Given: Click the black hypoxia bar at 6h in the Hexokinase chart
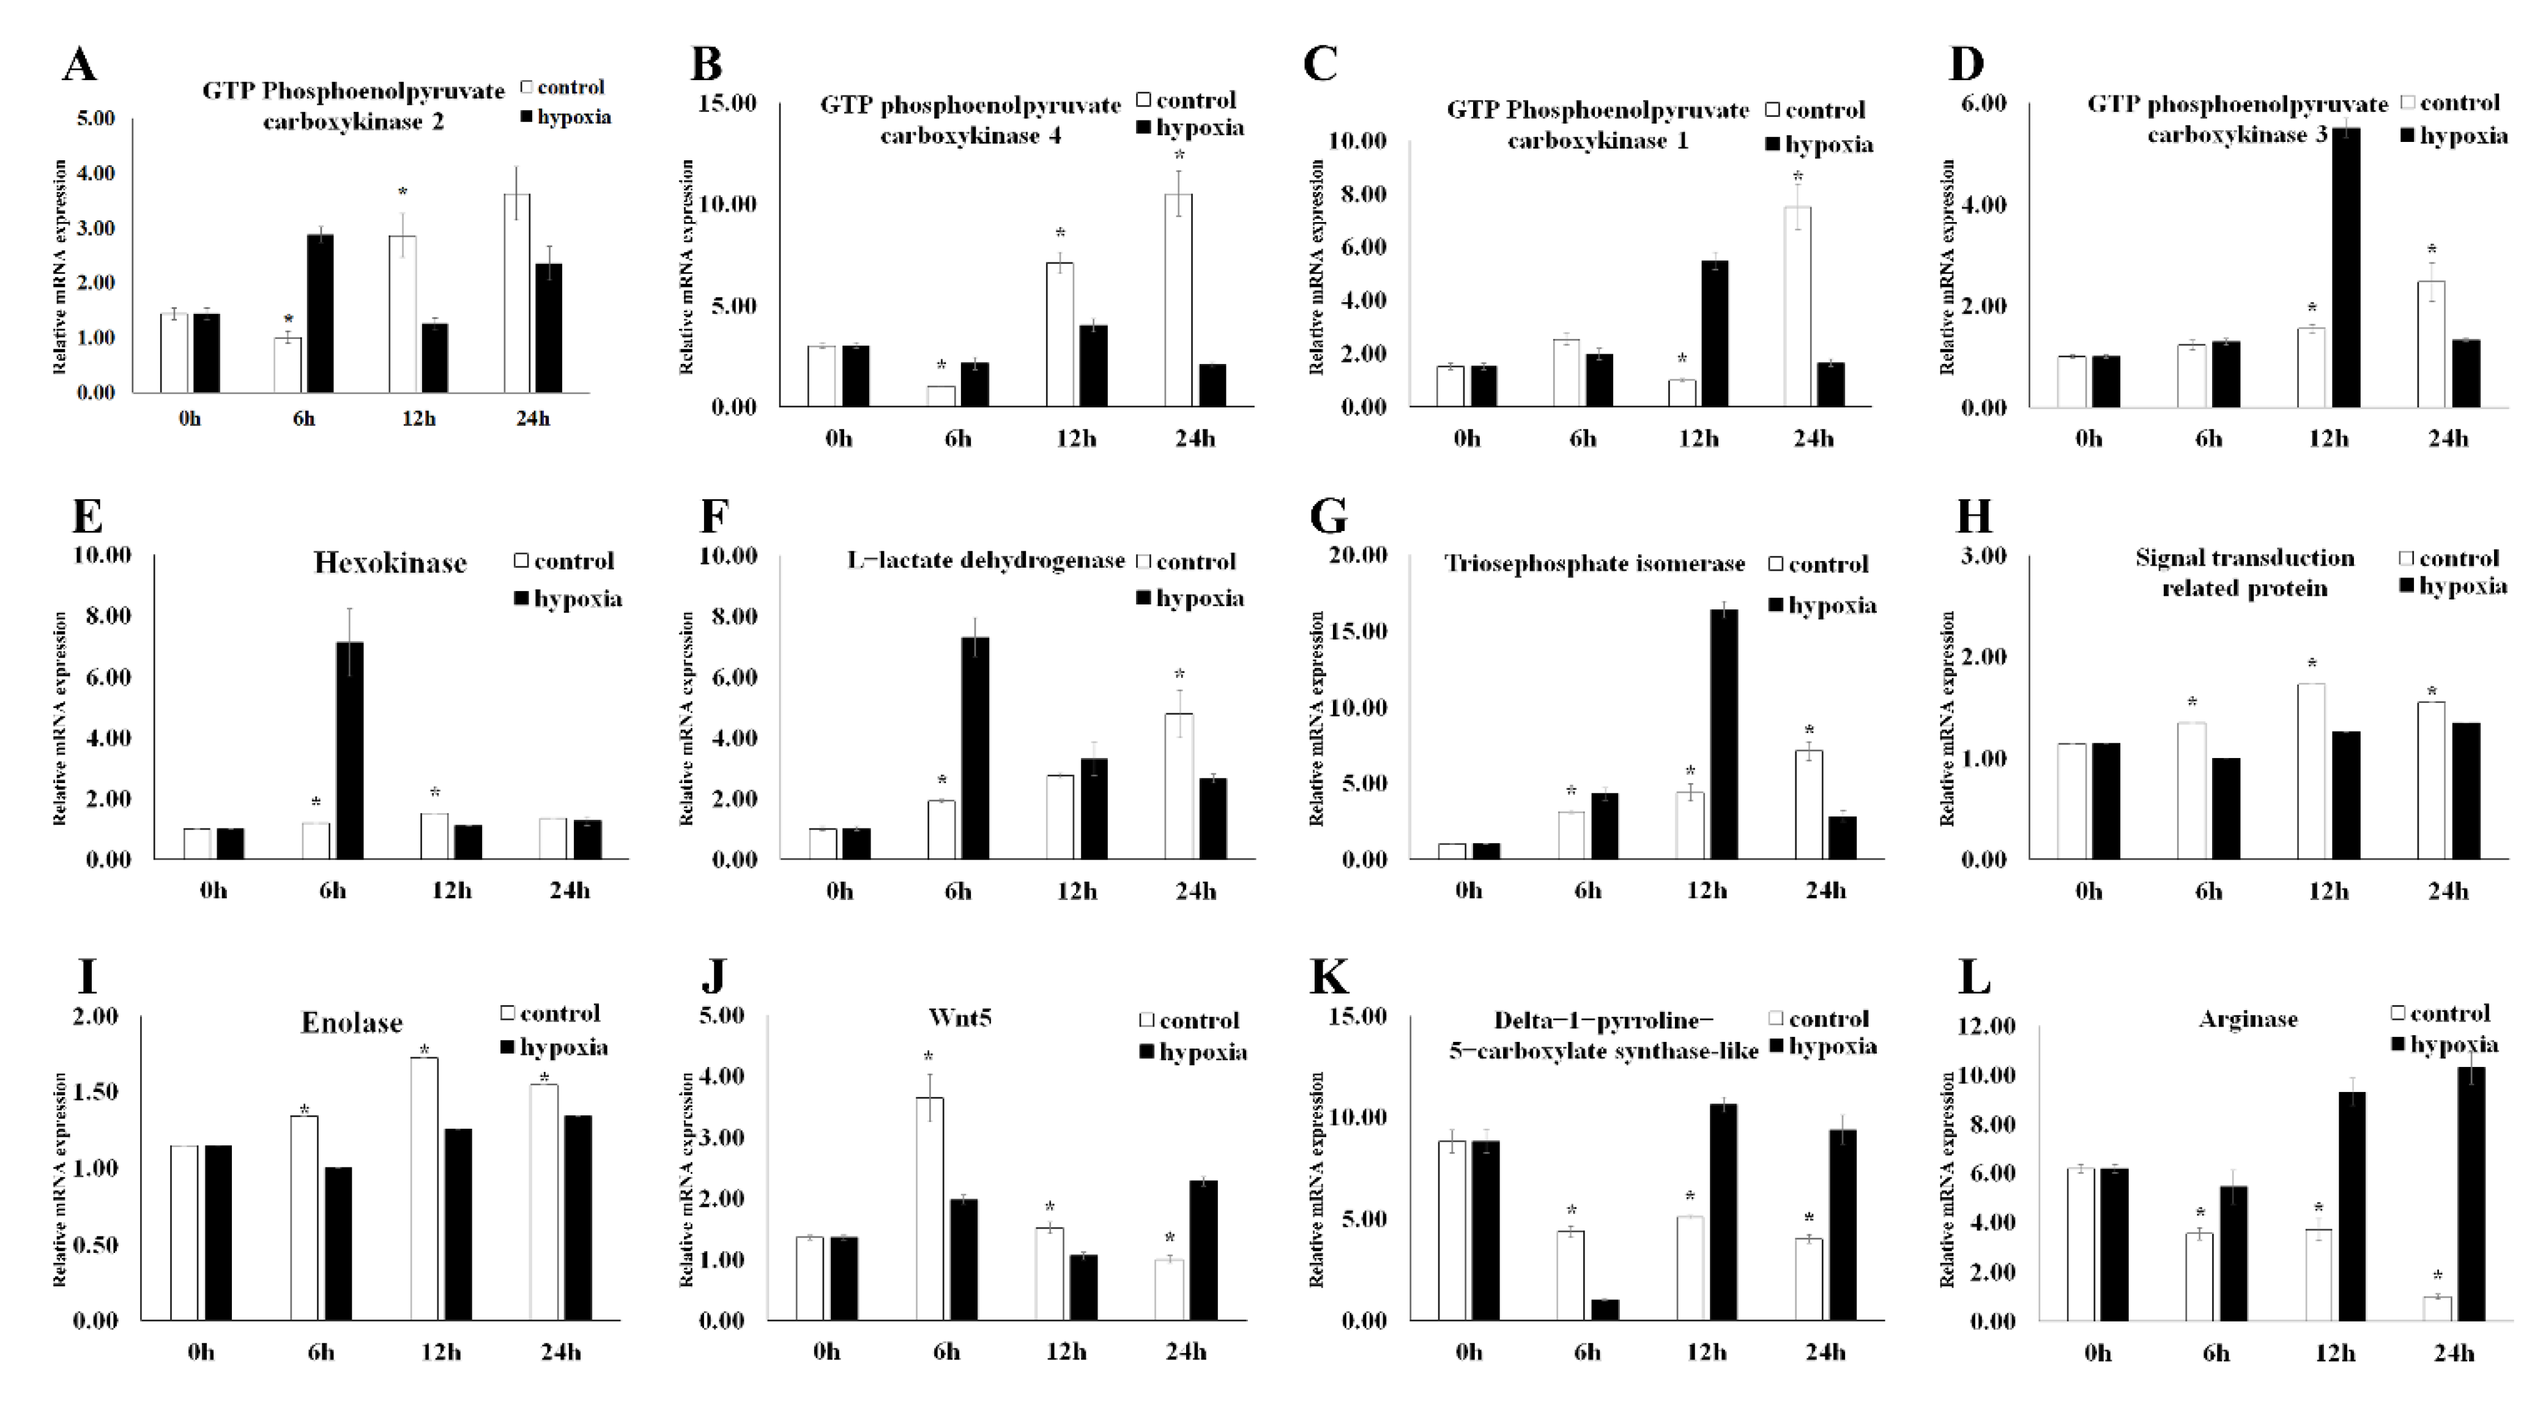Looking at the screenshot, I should pyautogui.click(x=349, y=751).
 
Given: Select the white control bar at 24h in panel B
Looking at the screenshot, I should pyautogui.click(x=1178, y=300).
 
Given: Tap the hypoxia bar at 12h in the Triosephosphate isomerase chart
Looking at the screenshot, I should pyautogui.click(x=1724, y=735).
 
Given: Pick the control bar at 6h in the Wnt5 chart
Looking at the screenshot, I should pyautogui.click(x=929, y=1209).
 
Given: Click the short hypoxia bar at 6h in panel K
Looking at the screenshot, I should pyautogui.click(x=1605, y=1310).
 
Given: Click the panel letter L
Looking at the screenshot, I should pyautogui.click(x=1973, y=978).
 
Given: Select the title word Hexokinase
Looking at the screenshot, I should pyautogui.click(x=390, y=563).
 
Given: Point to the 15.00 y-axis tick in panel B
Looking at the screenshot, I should pyautogui.click(x=727, y=103).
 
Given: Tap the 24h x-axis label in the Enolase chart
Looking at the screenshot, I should pyautogui.click(x=561, y=1352).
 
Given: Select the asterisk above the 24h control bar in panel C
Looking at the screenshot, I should pyautogui.click(x=1798, y=178).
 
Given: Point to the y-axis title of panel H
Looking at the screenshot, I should pyautogui.click(x=1947, y=718).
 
